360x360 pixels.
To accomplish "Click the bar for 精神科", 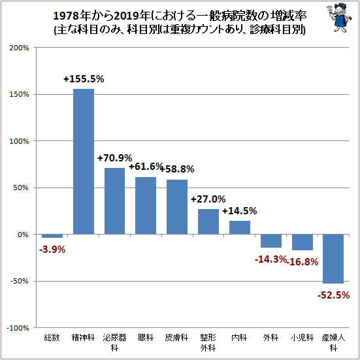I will click(x=83, y=161).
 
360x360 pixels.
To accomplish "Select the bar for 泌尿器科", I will click(x=114, y=201).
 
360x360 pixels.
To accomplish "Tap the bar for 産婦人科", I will click(x=333, y=259).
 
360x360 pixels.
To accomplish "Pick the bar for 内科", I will click(x=240, y=227).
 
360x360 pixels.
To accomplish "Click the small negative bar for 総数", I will click(x=52, y=236).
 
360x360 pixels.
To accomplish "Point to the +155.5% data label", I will click(x=84, y=79).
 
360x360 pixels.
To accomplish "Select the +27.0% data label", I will click(x=208, y=199).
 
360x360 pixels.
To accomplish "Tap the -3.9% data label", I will click(x=52, y=249).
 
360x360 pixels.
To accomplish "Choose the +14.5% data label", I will click(x=239, y=211).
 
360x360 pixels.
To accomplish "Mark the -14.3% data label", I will click(x=270, y=259).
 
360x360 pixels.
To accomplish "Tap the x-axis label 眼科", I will click(x=146, y=338).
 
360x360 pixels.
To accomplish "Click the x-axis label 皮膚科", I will click(x=177, y=338).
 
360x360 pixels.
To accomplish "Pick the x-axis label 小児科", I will click(x=302, y=338).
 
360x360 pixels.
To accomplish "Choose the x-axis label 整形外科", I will click(x=208, y=342).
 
